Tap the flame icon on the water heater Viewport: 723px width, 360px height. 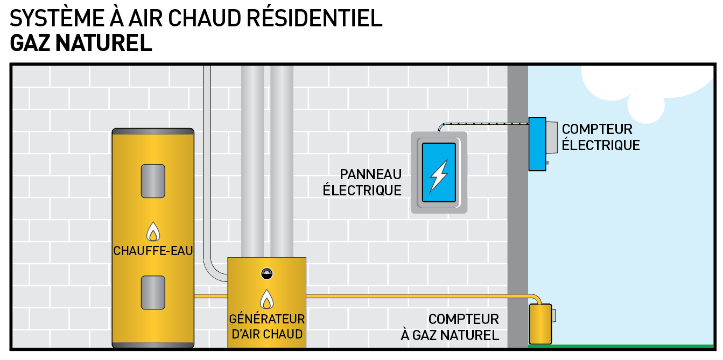tap(153, 232)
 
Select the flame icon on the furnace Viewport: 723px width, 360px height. tap(266, 299)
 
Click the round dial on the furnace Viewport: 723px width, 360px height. tap(266, 273)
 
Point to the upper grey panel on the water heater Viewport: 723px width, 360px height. tap(153, 181)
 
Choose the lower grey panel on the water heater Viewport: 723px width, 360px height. tap(153, 292)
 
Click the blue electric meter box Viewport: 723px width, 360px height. tap(537, 144)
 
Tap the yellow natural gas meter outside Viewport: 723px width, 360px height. tap(540, 323)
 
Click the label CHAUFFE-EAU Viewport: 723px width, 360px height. tap(153, 251)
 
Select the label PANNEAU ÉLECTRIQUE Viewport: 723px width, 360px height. tap(362, 182)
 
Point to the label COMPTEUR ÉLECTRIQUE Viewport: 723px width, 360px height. tap(600, 137)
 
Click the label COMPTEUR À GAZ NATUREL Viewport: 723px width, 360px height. tap(450, 327)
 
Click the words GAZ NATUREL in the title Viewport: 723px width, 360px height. tap(81, 43)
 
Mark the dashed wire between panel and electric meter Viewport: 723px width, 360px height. tap(485, 124)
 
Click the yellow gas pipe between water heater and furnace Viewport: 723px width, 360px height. tap(210, 296)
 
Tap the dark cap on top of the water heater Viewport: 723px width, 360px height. tap(153, 131)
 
